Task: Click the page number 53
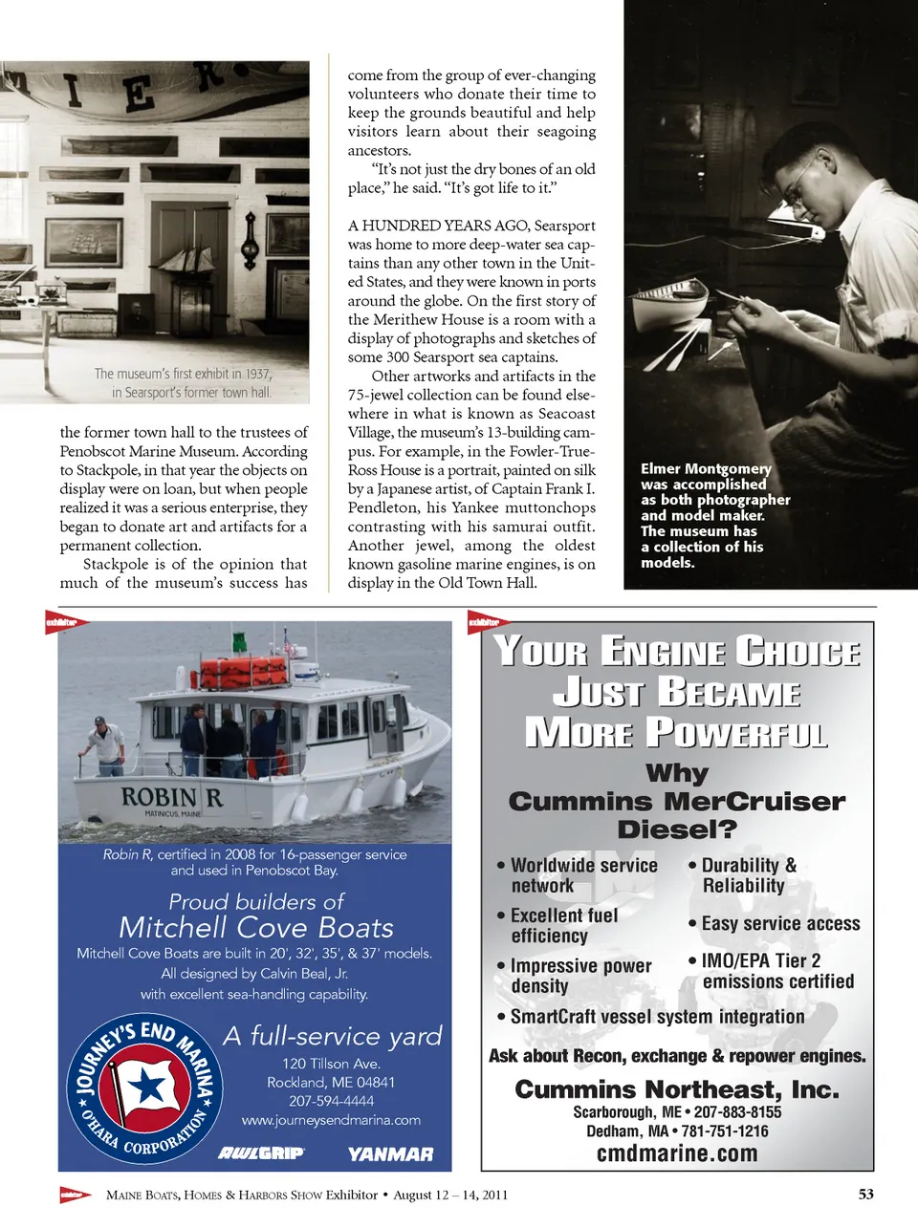point(865,1194)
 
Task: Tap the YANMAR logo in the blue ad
point(390,1154)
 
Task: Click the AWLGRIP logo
point(261,1153)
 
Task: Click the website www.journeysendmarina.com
point(331,1120)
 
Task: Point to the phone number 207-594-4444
point(332,1101)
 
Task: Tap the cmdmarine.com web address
point(677,1153)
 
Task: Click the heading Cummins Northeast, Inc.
point(677,1089)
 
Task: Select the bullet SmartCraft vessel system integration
point(657,1017)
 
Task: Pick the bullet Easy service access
point(780,924)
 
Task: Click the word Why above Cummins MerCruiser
point(677,772)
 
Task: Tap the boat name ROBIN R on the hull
point(171,797)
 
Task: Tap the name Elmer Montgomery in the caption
point(706,468)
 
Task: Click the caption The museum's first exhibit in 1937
point(183,374)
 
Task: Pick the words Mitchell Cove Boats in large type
point(256,928)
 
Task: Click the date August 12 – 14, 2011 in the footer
point(450,1195)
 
